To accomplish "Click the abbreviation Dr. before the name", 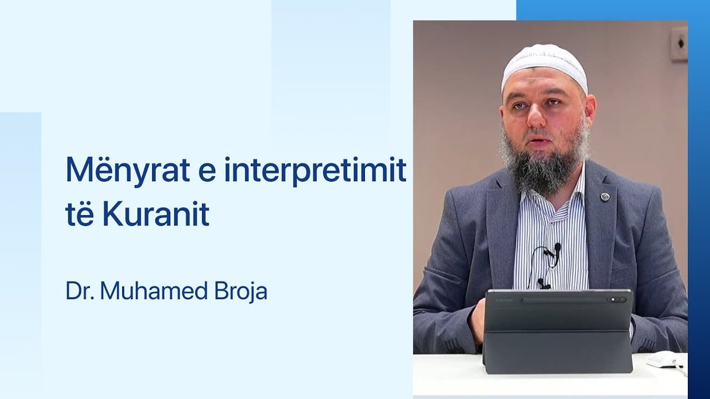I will [80, 291].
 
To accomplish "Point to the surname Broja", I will [242, 291].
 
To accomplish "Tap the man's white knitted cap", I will [544, 64].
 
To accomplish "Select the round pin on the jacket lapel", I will [605, 197].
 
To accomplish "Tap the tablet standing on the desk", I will [557, 332].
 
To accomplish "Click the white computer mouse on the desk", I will [665, 359].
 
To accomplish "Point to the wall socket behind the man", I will [678, 44].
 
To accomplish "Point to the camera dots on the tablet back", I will [617, 300].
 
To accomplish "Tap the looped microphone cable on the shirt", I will [537, 266].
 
